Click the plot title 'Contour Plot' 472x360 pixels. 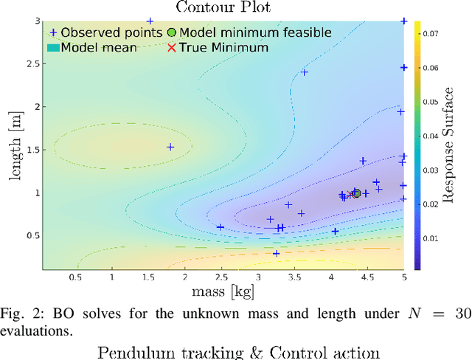click(223, 8)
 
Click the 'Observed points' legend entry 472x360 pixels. click(104, 32)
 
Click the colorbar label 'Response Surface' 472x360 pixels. click(448, 145)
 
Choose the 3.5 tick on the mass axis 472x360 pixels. click(294, 277)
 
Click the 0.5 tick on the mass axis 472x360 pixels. click(75, 277)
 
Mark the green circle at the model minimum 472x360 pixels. click(356, 193)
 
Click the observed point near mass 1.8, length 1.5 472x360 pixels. click(170, 147)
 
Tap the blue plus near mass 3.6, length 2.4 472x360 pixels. click(304, 72)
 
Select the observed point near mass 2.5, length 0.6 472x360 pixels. click(220, 227)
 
